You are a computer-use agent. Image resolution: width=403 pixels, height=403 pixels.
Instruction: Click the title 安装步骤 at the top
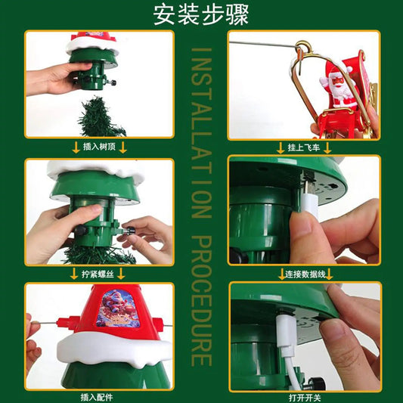tap(201, 15)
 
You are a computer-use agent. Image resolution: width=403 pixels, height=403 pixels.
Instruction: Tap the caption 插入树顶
tap(99, 147)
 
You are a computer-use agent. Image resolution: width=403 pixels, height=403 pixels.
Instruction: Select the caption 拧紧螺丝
tap(98, 274)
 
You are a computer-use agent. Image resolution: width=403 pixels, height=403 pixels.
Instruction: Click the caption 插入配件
tap(97, 398)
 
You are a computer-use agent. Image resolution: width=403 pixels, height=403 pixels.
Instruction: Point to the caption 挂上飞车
tap(304, 147)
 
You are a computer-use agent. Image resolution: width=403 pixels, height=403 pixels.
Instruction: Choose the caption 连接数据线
tap(305, 274)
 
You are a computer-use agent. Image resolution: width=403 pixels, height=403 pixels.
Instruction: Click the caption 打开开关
tap(305, 398)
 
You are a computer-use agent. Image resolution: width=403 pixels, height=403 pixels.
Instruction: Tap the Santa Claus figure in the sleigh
tap(338, 85)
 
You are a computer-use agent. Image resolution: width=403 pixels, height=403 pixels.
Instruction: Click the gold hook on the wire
tap(304, 49)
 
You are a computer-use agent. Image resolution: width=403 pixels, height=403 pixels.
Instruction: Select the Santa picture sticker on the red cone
tap(119, 308)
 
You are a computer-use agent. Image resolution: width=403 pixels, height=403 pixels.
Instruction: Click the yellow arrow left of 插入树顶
tap(76, 147)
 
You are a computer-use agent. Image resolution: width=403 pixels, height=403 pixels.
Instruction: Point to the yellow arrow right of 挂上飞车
tap(327, 147)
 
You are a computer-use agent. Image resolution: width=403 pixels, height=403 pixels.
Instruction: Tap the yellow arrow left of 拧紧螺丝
tap(74, 274)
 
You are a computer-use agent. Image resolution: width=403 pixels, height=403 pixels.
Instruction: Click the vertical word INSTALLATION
tap(202, 133)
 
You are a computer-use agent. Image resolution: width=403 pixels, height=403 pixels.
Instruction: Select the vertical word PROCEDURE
tap(202, 301)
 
